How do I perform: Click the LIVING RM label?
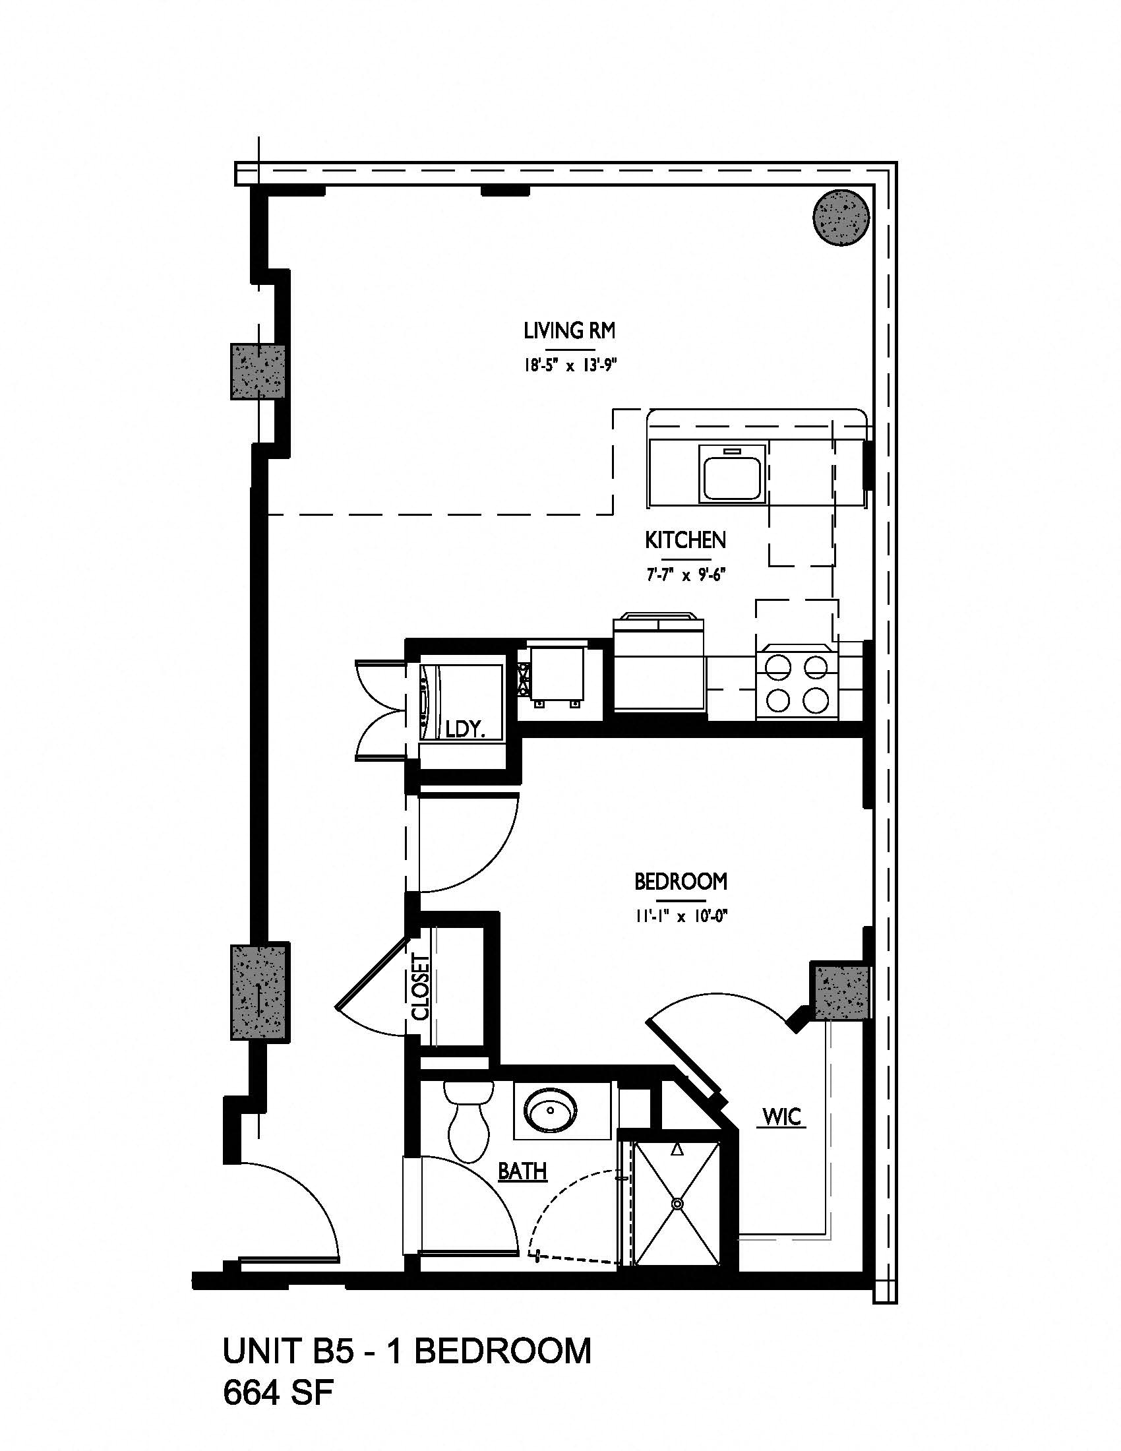[569, 331]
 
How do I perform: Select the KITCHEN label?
[685, 540]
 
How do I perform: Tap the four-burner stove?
[798, 682]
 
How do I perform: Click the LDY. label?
[465, 730]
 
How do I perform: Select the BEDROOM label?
[681, 882]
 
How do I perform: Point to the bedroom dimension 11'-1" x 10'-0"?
[681, 917]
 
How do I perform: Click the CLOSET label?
[421, 987]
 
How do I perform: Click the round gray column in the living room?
[841, 217]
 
